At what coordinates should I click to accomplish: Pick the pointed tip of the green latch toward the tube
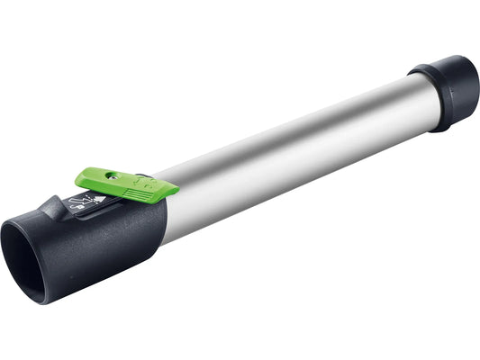[x=173, y=188]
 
